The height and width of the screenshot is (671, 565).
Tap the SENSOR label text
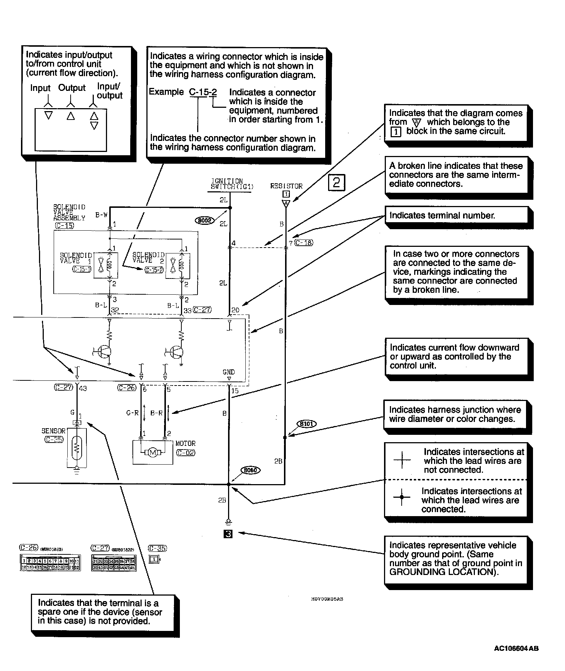point(53,431)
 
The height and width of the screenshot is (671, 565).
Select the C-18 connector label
point(304,242)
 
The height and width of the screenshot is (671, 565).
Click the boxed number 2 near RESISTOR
point(336,183)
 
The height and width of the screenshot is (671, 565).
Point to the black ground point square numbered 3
point(228,533)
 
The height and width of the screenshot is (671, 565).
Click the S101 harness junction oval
point(306,424)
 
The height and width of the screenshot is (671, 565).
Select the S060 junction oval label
point(250,470)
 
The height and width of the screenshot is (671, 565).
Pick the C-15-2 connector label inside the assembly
point(154,270)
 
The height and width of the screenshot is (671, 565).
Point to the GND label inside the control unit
point(229,372)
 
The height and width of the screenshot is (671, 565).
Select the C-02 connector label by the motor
point(186,453)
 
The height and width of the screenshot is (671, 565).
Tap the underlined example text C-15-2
point(203,92)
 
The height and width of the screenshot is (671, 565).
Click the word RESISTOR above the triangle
point(286,186)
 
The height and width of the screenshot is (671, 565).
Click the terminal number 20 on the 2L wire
point(235,310)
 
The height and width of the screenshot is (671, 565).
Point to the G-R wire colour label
point(132,413)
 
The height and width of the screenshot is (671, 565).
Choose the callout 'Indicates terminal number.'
point(442,215)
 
